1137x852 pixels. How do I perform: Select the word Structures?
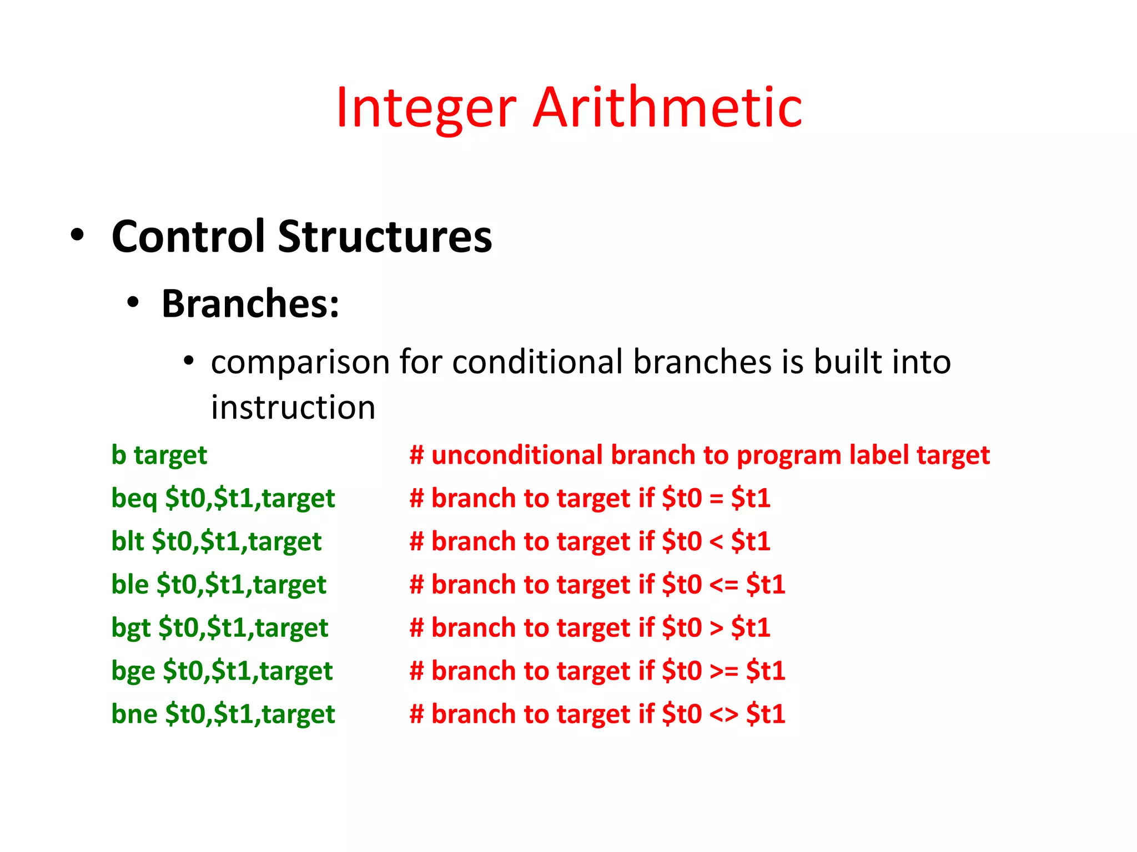point(385,236)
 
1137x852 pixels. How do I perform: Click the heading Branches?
point(250,304)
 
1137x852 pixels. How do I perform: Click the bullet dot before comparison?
point(189,361)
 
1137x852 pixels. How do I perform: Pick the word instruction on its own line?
point(293,408)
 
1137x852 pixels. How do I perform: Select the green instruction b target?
point(159,455)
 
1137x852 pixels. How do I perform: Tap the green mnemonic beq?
point(134,498)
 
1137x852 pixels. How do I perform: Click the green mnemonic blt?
point(127,541)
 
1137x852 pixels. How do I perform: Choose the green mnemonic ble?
point(130,585)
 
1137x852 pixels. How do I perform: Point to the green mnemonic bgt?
point(131,628)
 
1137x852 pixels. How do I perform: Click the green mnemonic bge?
point(133,671)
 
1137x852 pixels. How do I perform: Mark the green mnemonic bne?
point(134,714)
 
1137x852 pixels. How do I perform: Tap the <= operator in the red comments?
point(723,585)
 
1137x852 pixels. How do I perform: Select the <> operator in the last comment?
point(723,715)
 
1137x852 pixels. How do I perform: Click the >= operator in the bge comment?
point(723,672)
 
